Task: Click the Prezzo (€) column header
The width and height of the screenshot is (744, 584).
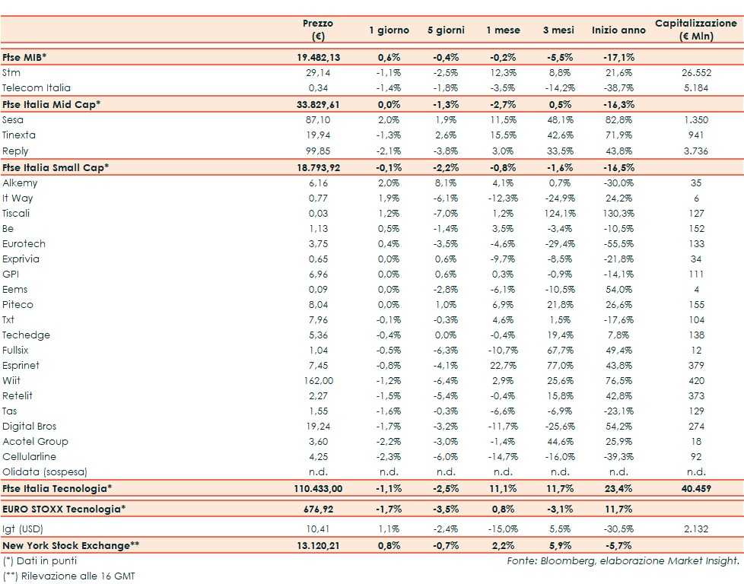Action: [318, 30]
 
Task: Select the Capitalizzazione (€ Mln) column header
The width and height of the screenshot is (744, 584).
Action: [696, 30]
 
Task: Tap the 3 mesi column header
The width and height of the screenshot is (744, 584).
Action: [558, 30]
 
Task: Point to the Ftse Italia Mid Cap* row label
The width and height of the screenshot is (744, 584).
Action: [52, 104]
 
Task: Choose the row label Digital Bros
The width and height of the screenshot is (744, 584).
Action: [30, 427]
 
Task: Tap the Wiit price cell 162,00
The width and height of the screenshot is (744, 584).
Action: [318, 381]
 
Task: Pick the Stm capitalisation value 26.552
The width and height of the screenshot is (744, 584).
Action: [696, 73]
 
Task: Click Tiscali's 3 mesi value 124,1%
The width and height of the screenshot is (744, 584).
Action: [558, 214]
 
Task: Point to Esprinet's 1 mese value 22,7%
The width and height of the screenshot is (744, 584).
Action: [503, 366]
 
